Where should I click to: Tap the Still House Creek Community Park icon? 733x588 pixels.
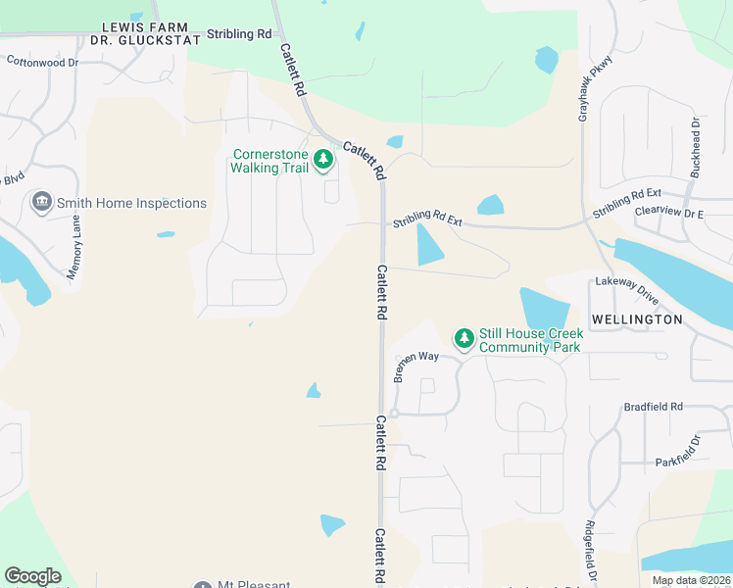(464, 338)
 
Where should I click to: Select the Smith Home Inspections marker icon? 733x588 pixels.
(41, 203)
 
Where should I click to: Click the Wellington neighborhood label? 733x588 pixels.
(637, 319)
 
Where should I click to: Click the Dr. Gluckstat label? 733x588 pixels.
(145, 40)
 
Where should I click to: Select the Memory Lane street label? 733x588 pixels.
(73, 247)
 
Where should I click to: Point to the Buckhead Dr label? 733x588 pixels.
(695, 148)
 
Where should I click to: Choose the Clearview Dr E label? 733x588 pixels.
(669, 213)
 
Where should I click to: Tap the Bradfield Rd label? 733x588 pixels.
(654, 407)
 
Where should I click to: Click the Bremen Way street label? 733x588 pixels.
(416, 366)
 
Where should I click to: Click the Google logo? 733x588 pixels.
(32, 576)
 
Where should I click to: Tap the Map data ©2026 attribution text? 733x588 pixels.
(691, 580)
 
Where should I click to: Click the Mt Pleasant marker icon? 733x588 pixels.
(203, 585)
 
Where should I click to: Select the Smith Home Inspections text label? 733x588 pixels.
(131, 203)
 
